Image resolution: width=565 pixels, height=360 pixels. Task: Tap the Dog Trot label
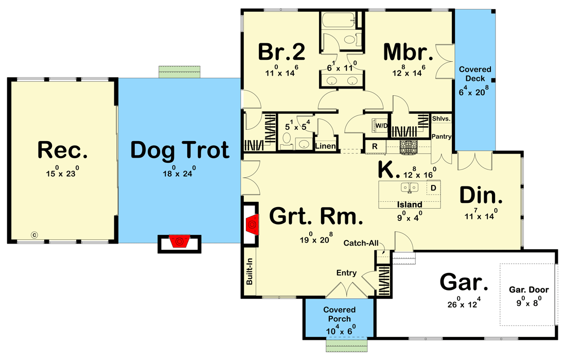point(180,150)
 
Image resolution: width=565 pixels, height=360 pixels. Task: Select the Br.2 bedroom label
point(281,52)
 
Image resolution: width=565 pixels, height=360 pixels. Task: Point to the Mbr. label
point(408,52)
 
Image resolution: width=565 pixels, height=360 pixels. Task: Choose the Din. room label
point(481,195)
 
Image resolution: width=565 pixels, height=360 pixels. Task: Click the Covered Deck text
point(475,74)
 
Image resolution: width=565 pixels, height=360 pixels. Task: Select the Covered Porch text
point(339,314)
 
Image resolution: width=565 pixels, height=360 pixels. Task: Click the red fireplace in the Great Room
point(252,224)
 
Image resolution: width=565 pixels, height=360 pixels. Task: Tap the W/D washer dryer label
point(381,125)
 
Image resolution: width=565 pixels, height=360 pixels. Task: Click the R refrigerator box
point(375,146)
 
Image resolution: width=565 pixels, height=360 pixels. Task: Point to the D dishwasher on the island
point(433,188)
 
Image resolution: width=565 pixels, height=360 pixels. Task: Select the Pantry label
point(441,136)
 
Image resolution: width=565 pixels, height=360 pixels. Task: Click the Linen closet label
point(325,146)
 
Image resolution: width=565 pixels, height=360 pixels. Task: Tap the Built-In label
point(249,276)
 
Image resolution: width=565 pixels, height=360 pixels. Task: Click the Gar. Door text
point(528,289)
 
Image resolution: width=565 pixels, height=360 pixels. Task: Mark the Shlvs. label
point(442,118)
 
